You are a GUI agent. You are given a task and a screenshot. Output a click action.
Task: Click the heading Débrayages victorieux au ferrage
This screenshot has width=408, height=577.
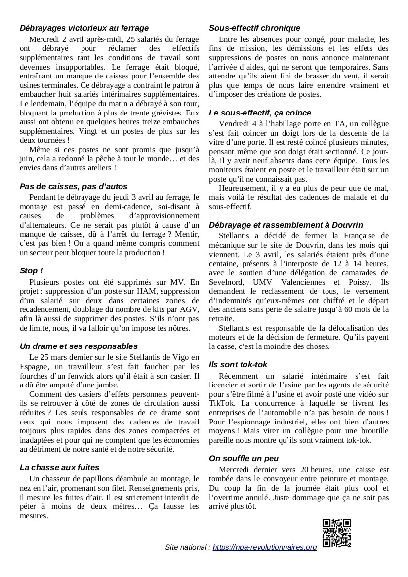coord(84,28)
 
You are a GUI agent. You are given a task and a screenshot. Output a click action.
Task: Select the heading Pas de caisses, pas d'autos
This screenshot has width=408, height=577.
coord(74,186)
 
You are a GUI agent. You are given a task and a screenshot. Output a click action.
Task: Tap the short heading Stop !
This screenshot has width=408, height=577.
coord(32,271)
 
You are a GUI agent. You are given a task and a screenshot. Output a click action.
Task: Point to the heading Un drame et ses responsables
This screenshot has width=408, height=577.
coord(79,346)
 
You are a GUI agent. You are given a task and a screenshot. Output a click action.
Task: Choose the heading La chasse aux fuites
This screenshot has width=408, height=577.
coord(59,467)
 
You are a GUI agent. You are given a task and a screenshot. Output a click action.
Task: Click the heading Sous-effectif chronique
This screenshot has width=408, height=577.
coord(254,28)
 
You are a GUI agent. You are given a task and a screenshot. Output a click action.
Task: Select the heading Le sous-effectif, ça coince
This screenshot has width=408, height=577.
coord(260,113)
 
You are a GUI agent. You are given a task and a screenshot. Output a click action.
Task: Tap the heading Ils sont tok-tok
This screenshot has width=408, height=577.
coord(238,364)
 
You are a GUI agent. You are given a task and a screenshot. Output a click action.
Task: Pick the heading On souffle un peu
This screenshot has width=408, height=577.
coord(244,458)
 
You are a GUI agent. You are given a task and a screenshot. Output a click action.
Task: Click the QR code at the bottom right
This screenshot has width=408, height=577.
coord(337,533)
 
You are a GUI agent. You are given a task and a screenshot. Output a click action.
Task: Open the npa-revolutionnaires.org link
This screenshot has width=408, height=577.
coord(265,547)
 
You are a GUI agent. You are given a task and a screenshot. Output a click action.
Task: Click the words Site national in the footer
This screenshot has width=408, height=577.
coord(187,547)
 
